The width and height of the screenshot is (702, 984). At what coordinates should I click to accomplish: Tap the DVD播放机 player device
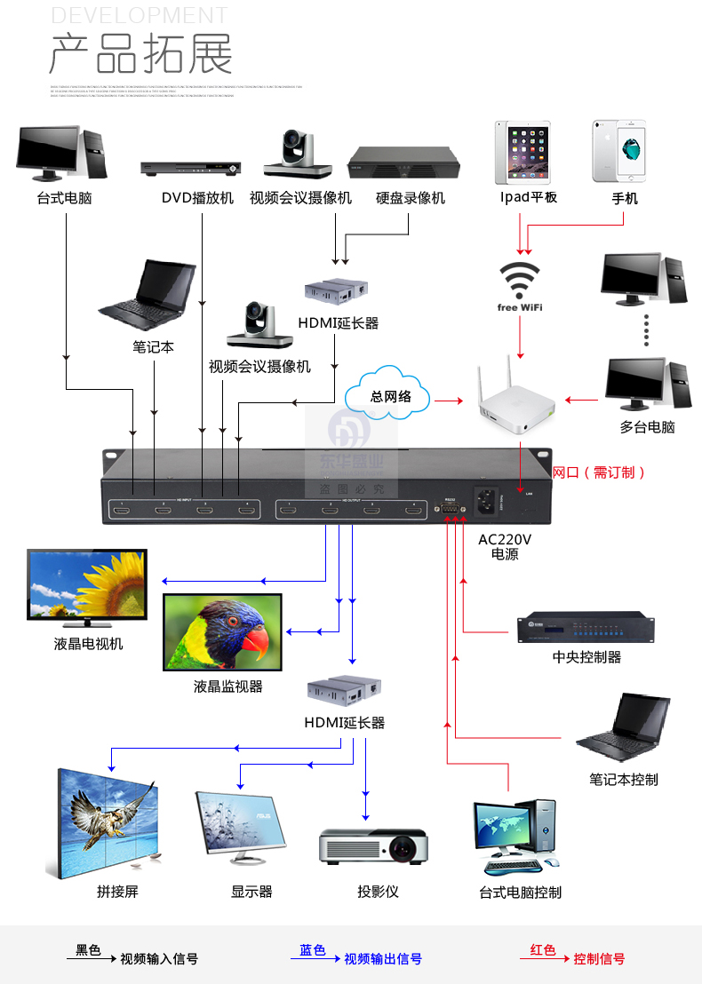pos(191,167)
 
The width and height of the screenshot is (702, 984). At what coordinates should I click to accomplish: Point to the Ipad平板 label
pos(528,197)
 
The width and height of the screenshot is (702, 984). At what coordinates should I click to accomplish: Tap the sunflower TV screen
pos(86,585)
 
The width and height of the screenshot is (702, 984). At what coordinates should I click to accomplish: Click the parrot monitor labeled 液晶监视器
pos(222,631)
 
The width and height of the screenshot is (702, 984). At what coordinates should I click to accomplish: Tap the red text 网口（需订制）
pos(599,472)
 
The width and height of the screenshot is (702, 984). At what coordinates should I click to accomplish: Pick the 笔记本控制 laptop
pos(623,731)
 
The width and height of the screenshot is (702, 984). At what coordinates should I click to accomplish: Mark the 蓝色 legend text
pos(313,950)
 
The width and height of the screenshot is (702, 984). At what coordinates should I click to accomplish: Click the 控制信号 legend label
pos(599,959)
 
